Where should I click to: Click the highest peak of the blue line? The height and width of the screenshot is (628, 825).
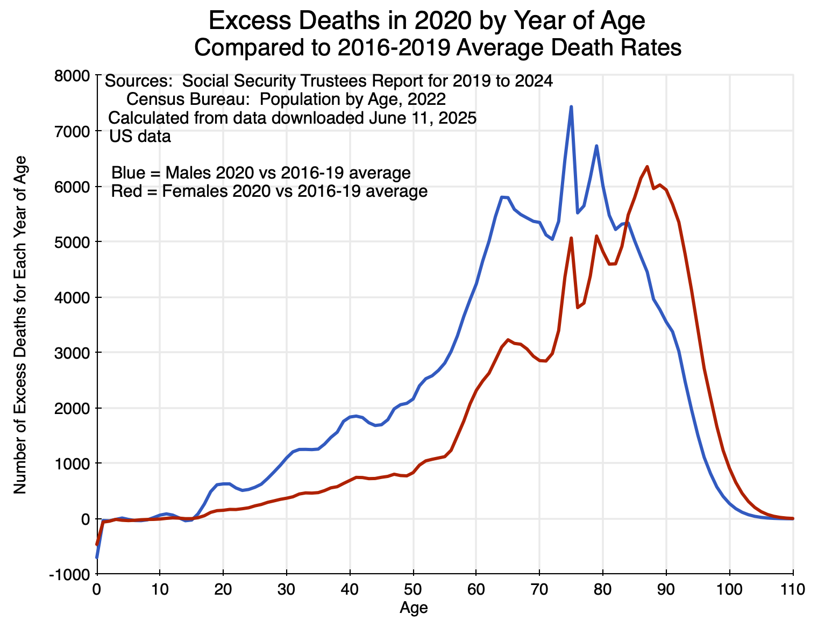tap(571, 107)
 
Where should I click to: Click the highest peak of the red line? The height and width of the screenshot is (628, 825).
tap(647, 167)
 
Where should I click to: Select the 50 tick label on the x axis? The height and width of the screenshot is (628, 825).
tap(413, 589)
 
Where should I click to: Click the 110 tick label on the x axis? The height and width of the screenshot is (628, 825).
tap(793, 589)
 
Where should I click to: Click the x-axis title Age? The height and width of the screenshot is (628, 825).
tap(414, 608)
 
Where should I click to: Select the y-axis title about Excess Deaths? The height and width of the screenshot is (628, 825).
tap(20, 324)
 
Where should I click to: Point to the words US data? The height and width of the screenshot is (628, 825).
tap(140, 137)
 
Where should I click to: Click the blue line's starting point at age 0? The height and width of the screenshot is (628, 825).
tap(97, 557)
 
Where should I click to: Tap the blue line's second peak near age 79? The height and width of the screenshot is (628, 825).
tap(596, 146)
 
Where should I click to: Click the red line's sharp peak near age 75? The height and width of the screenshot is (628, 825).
tap(571, 238)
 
